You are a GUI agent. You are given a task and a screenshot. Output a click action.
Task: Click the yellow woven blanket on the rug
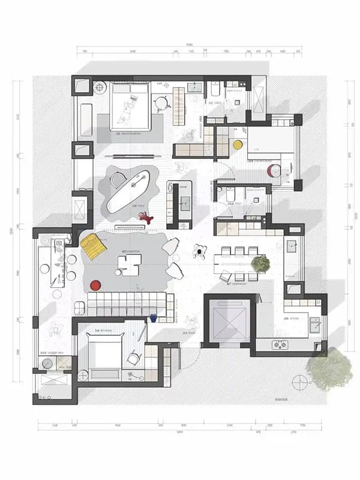tap(93, 247)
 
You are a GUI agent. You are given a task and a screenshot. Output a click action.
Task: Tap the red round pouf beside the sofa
tap(95, 286)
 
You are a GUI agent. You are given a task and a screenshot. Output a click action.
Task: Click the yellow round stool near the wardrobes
tap(238, 145)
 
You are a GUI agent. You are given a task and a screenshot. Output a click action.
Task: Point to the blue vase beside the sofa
tap(153, 317)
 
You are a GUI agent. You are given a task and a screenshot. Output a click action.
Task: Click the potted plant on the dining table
tap(260, 263)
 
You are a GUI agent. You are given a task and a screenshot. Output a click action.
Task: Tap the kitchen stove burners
tap(280, 344)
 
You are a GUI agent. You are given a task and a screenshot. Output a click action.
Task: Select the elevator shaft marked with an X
tap(230, 320)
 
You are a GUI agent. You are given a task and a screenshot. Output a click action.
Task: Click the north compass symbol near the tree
tap(298, 382)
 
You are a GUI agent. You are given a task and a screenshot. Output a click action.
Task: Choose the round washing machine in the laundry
tap(47, 364)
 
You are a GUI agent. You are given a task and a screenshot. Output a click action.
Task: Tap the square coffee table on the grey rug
tap(130, 263)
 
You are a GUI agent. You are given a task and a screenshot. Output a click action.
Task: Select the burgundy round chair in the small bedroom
tap(274, 170)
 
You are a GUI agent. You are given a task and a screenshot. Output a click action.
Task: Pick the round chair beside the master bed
tap(161, 103)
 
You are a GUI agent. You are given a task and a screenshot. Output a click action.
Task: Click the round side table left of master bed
tap(100, 88)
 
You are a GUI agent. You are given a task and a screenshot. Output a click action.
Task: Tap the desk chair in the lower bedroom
tap(133, 359)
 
